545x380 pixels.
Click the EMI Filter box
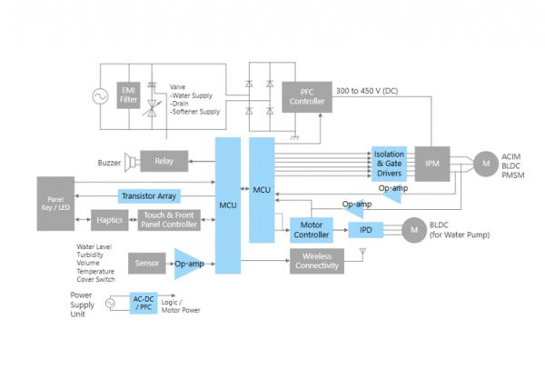pos(128,95)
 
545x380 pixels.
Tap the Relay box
pos(163,162)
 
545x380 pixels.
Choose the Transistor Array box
pos(150,195)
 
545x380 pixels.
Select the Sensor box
pos(147,263)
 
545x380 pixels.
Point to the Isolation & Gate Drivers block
pos(389,163)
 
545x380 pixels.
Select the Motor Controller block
pos(312,229)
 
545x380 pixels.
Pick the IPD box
pos(366,229)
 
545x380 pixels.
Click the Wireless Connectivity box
pos(317,262)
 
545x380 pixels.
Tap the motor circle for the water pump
pos(413,229)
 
